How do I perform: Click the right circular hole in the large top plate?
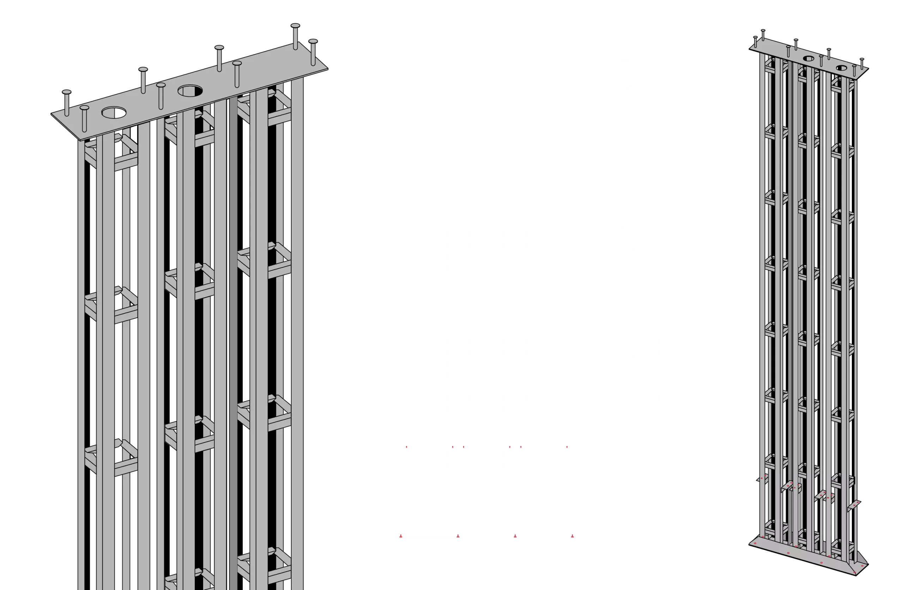[190, 91]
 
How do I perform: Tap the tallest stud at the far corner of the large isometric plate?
[296, 36]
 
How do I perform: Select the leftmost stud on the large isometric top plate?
[67, 102]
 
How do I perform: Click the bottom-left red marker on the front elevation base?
[401, 535]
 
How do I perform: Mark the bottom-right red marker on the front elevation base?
[572, 535]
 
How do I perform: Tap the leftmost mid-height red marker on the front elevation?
[406, 447]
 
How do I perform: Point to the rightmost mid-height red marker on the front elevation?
[567, 447]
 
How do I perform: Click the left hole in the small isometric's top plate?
[808, 59]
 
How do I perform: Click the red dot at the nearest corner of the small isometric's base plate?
[854, 572]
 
